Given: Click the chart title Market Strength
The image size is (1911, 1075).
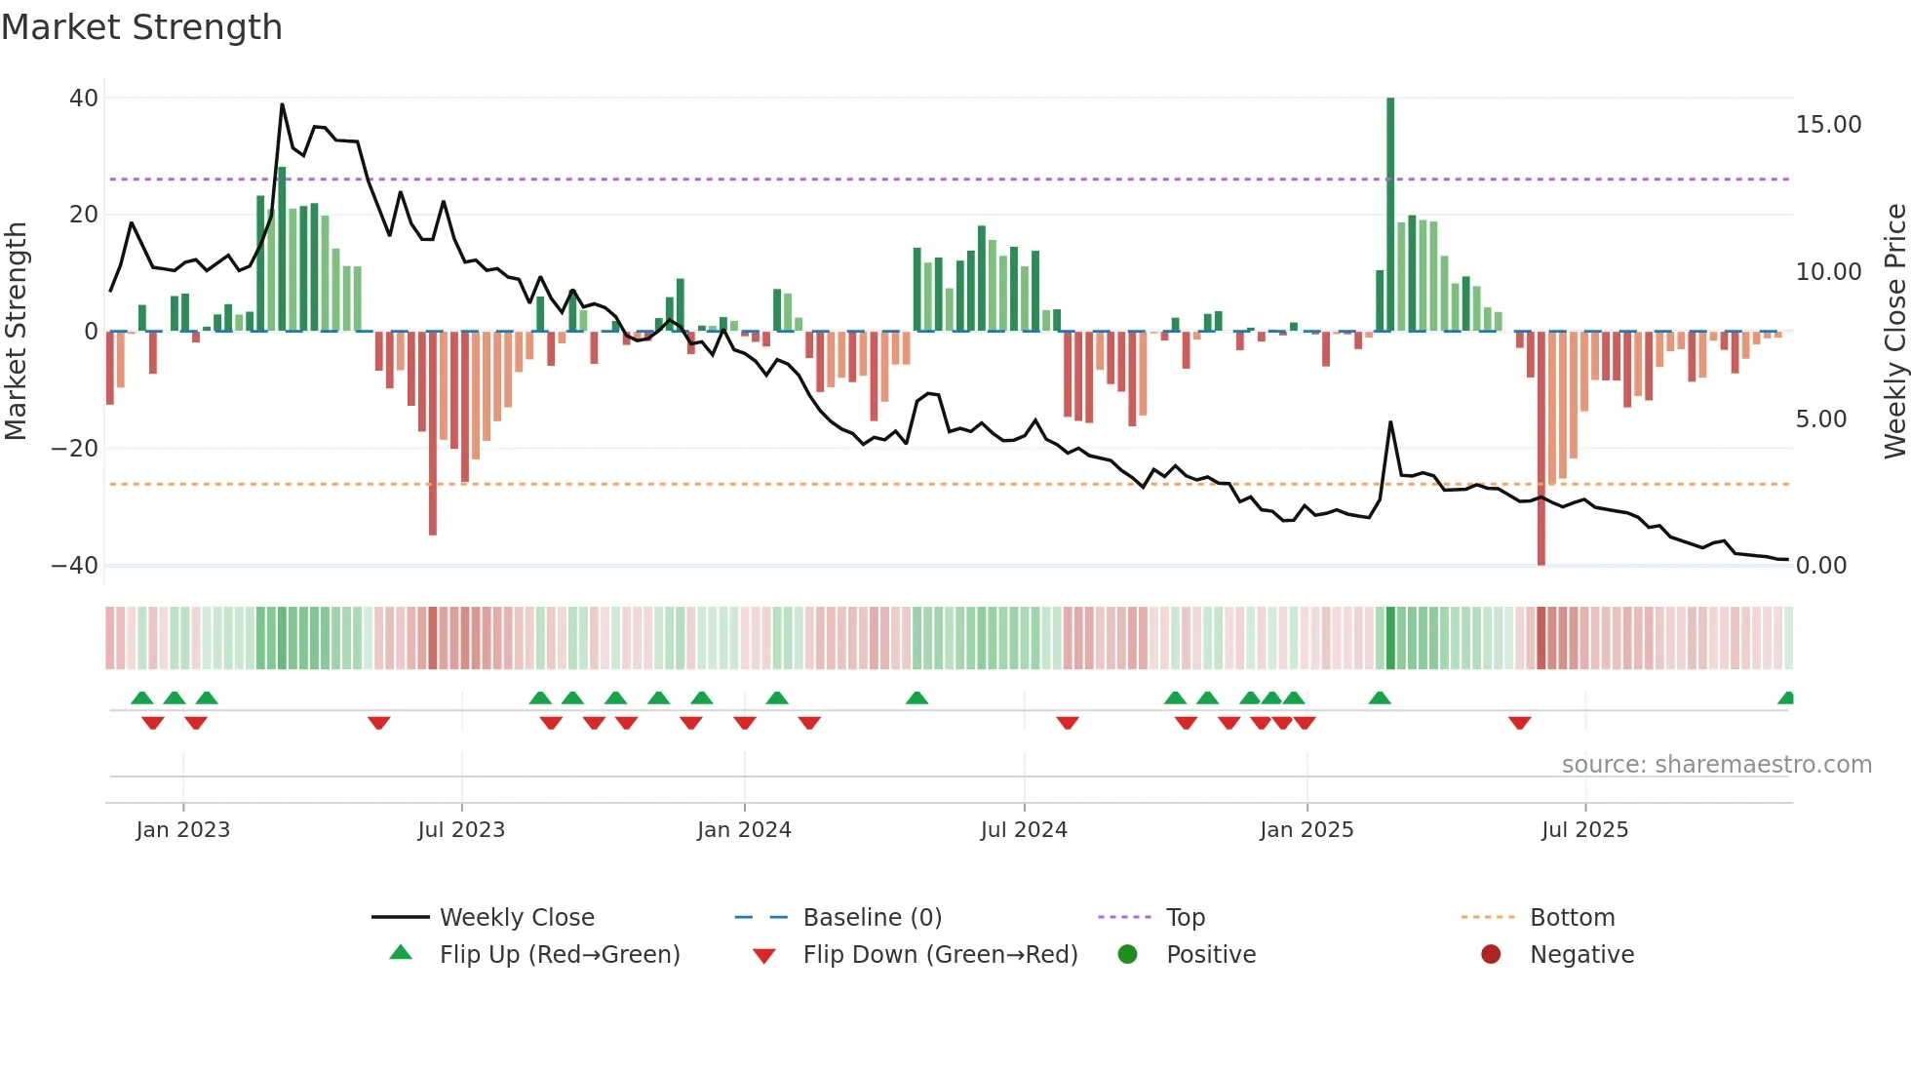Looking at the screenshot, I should coord(141,27).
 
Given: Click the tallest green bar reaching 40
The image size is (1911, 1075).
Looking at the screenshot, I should coord(1390,215).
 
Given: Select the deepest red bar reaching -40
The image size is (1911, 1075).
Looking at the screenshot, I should coord(1541,449).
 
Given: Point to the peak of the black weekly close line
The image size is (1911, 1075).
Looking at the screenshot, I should coord(283,105).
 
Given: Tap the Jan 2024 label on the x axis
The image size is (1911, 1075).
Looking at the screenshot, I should coord(744,830).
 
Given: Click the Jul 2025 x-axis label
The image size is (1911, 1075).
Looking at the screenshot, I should coord(1584,830).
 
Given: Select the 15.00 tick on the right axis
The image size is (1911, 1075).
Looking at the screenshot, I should coord(1828,125).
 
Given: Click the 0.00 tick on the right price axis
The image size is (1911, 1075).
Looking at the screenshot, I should coord(1820,566).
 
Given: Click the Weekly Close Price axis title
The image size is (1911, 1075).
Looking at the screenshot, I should coord(1894,331).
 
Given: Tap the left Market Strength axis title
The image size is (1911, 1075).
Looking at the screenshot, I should coord(16,331).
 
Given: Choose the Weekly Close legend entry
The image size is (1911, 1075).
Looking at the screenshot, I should coord(516,918).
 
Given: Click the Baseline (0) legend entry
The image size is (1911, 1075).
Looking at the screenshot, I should coord(872,918).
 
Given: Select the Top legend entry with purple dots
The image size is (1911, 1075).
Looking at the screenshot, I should coord(1185,918).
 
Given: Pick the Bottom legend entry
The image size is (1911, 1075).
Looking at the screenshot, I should coord(1572,918).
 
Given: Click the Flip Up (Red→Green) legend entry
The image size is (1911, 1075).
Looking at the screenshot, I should coord(559,955).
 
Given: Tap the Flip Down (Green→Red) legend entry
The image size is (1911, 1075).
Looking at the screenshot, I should coord(940,955).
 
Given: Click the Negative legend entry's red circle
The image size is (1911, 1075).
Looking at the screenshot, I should coord(1491,955).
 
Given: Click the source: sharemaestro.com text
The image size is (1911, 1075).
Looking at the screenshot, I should coord(1716,765).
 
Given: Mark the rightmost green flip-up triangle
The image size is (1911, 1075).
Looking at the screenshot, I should coord(1786,698).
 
